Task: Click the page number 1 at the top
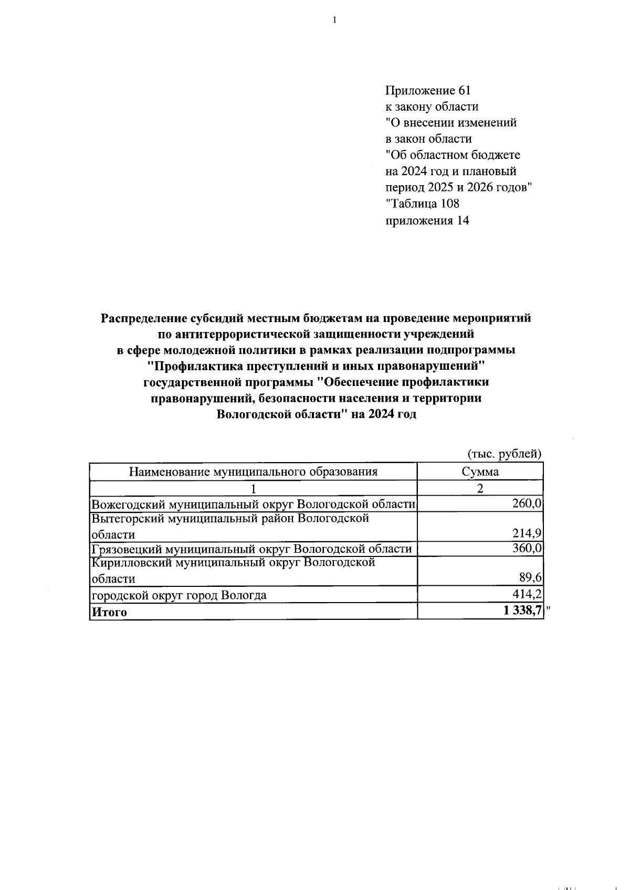334,20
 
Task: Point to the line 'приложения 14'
427,220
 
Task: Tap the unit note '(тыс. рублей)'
504,454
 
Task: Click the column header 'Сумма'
480,471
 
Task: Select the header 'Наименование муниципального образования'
253,471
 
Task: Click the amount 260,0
527,504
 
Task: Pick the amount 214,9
527,534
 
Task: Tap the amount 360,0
527,549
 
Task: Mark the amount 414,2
527,594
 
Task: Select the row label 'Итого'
109,612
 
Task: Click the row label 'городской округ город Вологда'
179,595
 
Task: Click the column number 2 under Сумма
480,488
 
